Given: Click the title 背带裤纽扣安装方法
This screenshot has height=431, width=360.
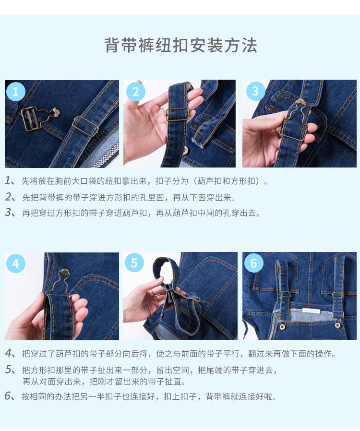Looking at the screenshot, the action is (x=180, y=45).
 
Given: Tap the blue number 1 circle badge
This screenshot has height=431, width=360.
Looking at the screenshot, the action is (x=15, y=92).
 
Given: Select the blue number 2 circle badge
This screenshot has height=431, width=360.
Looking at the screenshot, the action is (x=135, y=92).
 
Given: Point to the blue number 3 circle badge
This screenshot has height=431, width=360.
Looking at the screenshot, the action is (x=255, y=91).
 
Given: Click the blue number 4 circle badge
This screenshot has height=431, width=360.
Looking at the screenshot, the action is (x=16, y=263).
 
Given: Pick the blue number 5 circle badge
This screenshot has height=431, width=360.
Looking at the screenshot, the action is (x=134, y=263).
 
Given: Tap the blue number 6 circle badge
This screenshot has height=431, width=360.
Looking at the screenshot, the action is (x=253, y=263).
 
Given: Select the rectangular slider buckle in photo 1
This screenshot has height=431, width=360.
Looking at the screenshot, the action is (x=85, y=126).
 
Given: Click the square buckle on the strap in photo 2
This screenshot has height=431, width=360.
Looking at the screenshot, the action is (x=177, y=114).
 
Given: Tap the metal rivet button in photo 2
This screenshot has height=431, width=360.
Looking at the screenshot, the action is (x=186, y=150).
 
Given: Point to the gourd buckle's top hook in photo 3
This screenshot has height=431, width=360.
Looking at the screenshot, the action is (x=300, y=102).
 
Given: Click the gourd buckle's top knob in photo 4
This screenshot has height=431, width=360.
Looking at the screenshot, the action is (x=65, y=273).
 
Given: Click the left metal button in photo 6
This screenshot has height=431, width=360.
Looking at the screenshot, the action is (x=282, y=327).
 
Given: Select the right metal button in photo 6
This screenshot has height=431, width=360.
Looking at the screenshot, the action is (x=338, y=325).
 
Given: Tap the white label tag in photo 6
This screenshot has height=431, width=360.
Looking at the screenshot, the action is (x=312, y=311).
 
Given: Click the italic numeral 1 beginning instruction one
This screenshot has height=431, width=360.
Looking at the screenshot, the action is (x=8, y=180).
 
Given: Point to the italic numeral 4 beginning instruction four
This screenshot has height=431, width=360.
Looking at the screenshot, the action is (x=8, y=353).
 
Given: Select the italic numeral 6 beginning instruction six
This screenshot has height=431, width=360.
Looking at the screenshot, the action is (x=8, y=396).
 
